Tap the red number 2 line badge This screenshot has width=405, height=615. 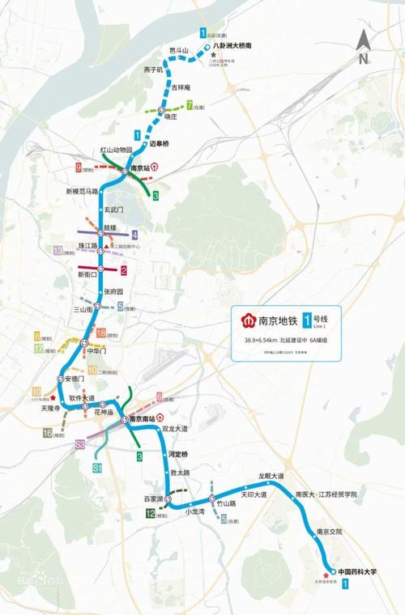(123, 270)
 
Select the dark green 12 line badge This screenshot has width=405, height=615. (151, 511)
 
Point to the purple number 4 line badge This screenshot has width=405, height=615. (134, 235)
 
